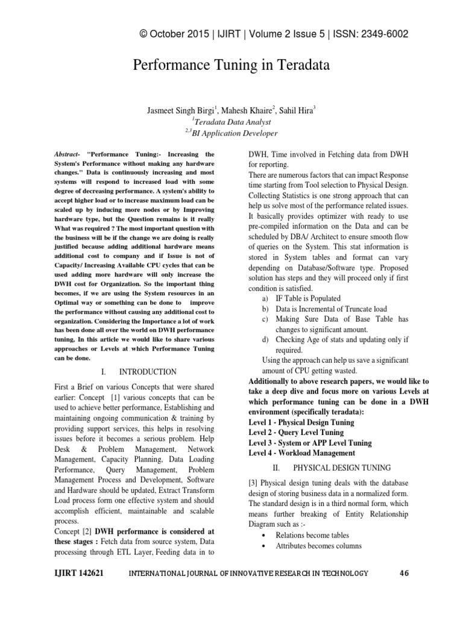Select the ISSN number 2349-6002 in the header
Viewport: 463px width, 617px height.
pyautogui.click(x=379, y=34)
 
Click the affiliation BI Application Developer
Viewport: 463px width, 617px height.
pyautogui.click(x=233, y=133)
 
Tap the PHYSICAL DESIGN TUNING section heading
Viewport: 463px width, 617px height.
pyautogui.click(x=341, y=467)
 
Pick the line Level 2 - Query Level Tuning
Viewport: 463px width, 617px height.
pyautogui.click(x=295, y=432)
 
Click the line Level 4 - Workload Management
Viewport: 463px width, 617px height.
pyautogui.click(x=301, y=453)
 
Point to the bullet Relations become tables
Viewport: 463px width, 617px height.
pyautogui.click(x=312, y=535)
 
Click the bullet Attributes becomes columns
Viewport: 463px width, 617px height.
pyautogui.click(x=318, y=546)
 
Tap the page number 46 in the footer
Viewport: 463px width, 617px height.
pyautogui.click(x=405, y=573)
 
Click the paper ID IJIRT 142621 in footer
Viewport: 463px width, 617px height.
pyautogui.click(x=78, y=573)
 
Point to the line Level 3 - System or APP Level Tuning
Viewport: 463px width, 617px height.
pyautogui.click(x=310, y=442)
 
